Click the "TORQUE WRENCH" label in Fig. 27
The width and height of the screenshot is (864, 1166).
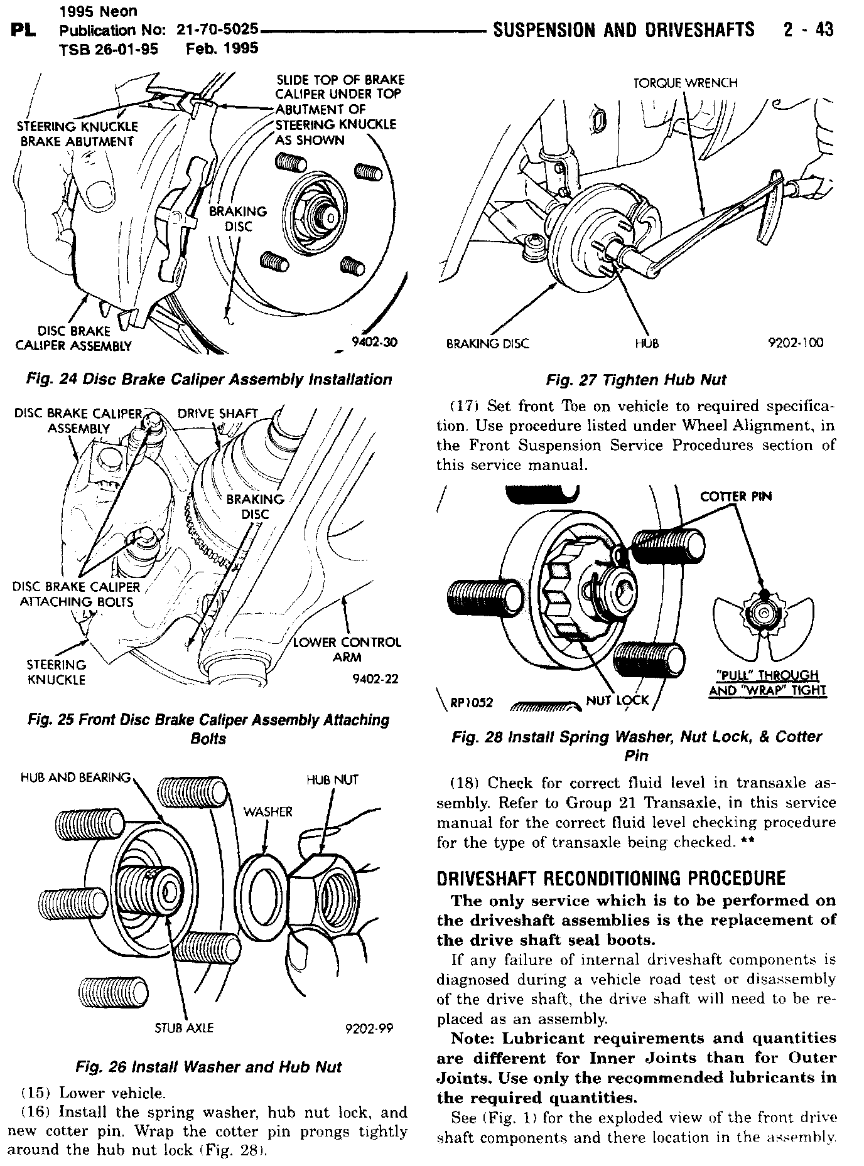click(x=685, y=83)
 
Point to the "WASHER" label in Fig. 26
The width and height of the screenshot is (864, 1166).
click(x=267, y=812)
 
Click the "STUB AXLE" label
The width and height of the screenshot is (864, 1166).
click(x=184, y=1027)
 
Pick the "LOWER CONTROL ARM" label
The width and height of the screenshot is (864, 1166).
click(x=347, y=650)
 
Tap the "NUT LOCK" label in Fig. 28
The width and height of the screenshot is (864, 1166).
click(x=617, y=700)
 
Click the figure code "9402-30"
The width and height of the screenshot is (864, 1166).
click(x=375, y=342)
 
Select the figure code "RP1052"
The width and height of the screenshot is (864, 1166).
click(x=472, y=702)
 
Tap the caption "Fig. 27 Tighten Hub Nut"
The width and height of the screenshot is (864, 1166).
click(x=635, y=380)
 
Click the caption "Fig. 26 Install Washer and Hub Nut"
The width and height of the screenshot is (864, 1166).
click(x=208, y=1067)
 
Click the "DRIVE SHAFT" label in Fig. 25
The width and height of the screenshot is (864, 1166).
click(x=217, y=414)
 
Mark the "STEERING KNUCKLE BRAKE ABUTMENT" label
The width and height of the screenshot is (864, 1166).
click(x=77, y=134)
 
